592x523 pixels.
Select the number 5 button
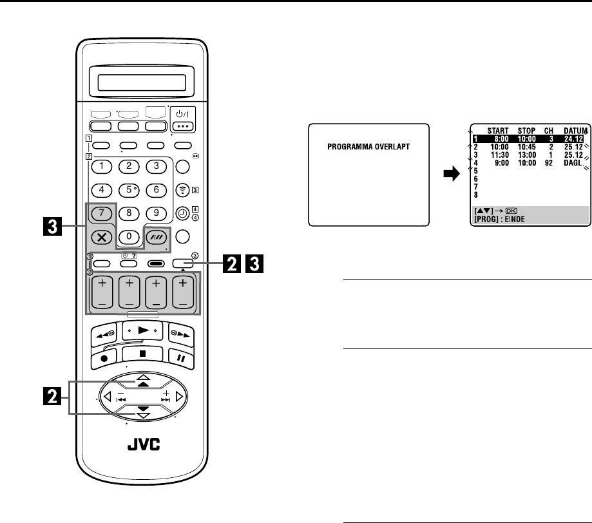129,190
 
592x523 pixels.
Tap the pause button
180,355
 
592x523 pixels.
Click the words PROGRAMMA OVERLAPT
369,165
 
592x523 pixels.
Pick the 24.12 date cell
571,137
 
